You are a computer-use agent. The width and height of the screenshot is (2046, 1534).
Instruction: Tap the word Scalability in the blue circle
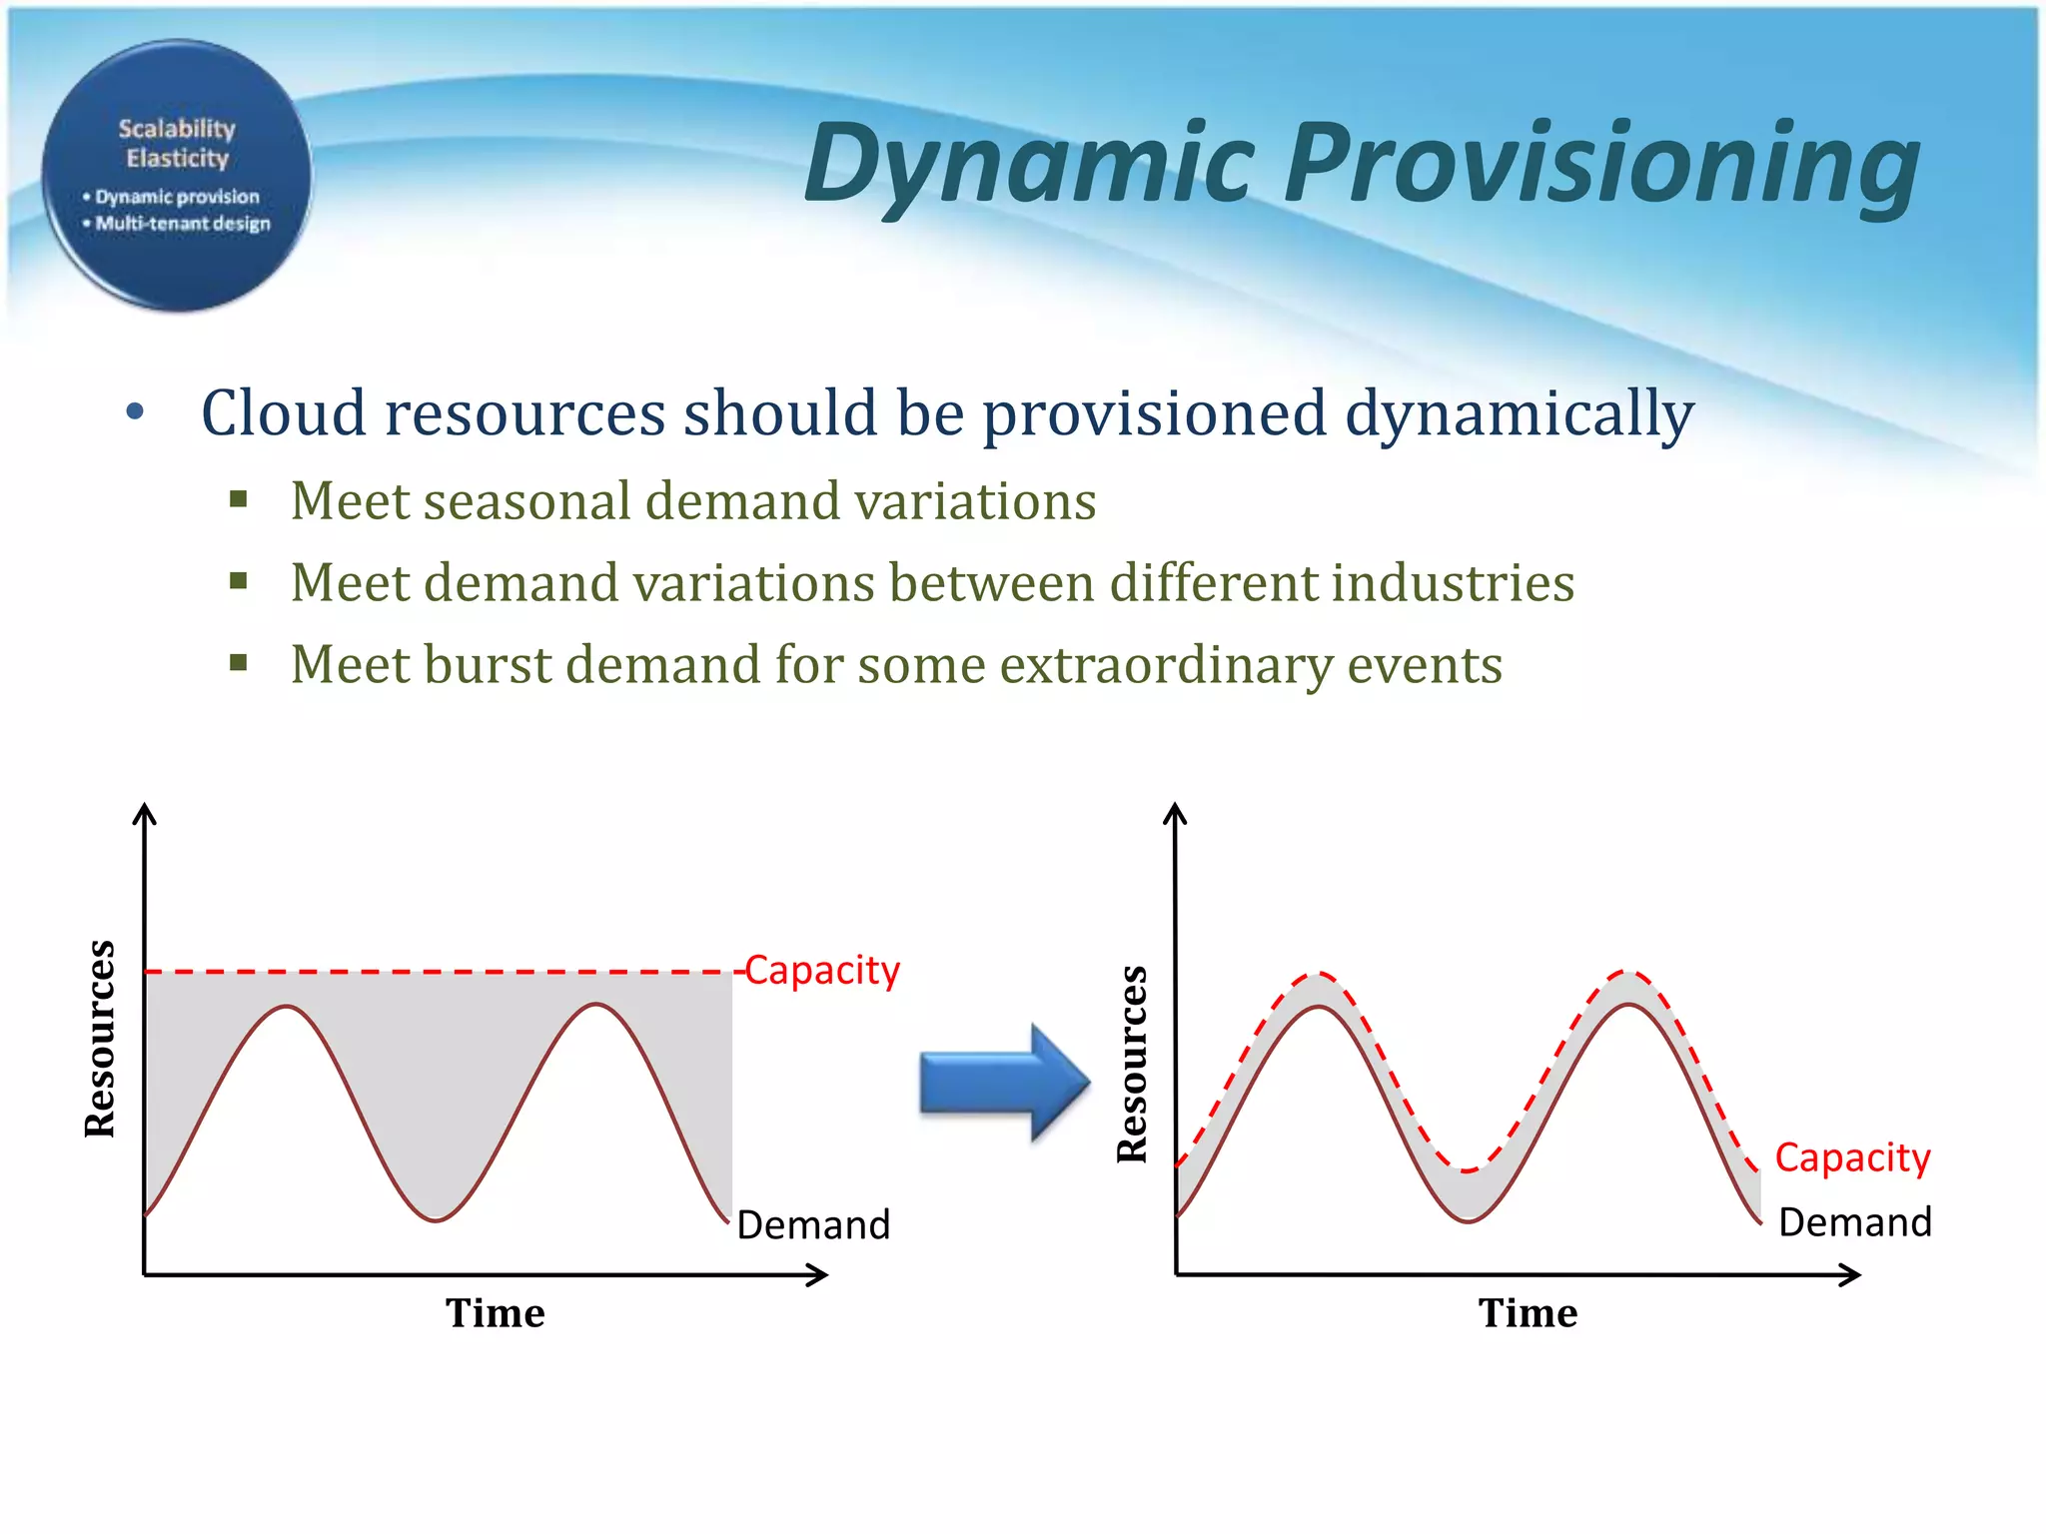(177, 129)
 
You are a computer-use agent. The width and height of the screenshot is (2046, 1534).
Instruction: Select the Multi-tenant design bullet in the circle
(182, 224)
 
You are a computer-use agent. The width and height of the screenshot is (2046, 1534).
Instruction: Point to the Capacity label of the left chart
(822, 971)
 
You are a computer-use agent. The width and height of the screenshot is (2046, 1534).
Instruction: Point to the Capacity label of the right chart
(1852, 1157)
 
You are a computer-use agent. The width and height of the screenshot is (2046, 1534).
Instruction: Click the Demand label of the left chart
(813, 1224)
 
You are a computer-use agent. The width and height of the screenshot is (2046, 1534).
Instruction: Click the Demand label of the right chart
(1855, 1222)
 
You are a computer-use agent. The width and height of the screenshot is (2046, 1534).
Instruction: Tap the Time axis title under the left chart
(496, 1313)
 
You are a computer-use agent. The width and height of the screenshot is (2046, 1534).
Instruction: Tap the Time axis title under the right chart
(1528, 1313)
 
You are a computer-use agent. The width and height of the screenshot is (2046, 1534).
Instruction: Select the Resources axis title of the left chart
(100, 1039)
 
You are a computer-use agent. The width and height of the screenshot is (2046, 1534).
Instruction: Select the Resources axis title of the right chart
(1132, 1064)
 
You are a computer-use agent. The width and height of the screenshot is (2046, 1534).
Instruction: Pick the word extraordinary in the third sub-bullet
(1166, 665)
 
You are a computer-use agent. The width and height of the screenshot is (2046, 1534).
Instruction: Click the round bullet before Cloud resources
(136, 411)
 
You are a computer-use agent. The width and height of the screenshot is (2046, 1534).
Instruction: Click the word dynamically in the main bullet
(1519, 413)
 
